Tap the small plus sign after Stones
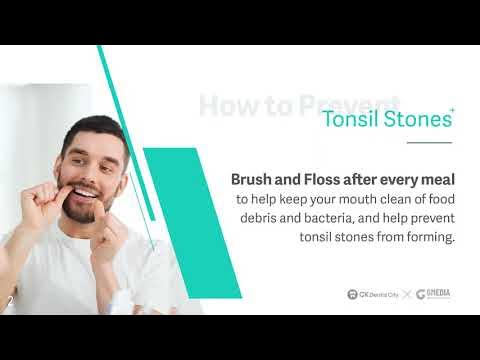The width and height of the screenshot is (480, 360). pyautogui.click(x=452, y=109)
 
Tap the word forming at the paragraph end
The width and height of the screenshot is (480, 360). pyautogui.click(x=429, y=237)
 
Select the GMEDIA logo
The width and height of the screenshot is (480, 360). pyautogui.click(x=433, y=294)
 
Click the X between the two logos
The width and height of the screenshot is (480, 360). pyautogui.click(x=406, y=294)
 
